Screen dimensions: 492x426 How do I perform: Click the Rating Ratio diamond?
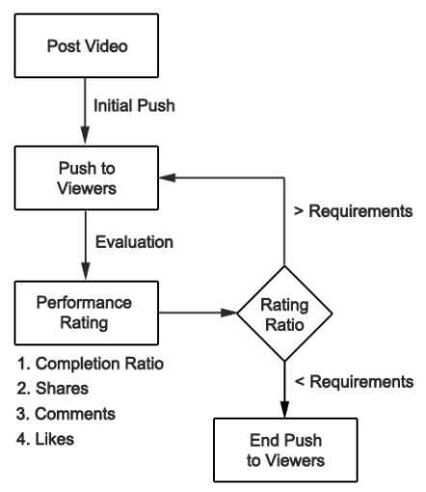(284, 313)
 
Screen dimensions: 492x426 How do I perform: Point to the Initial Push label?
(135, 106)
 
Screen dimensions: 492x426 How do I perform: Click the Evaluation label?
(134, 241)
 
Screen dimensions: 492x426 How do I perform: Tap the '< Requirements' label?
(354, 382)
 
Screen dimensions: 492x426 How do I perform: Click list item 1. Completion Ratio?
(90, 365)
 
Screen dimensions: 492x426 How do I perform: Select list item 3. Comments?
(66, 414)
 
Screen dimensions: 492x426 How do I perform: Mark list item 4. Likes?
(47, 439)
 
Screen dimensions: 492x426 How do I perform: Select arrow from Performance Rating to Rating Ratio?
(198, 313)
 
